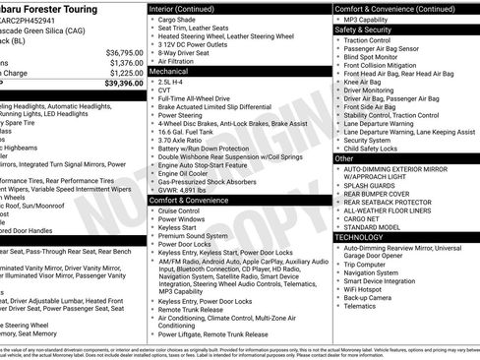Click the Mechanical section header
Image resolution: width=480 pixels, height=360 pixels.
point(169,71)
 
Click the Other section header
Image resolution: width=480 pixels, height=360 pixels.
point(344,157)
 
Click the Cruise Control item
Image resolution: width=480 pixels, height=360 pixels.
point(179,211)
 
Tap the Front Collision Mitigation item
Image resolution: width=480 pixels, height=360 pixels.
point(387,67)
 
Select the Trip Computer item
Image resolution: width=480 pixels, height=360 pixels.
point(368,264)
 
